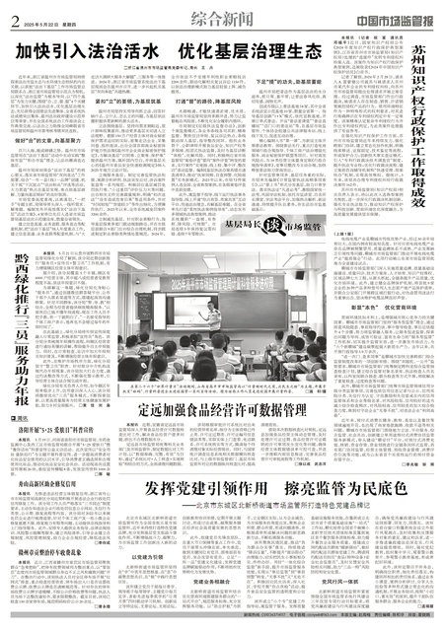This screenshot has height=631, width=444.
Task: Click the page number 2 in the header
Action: click(x=16, y=18)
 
